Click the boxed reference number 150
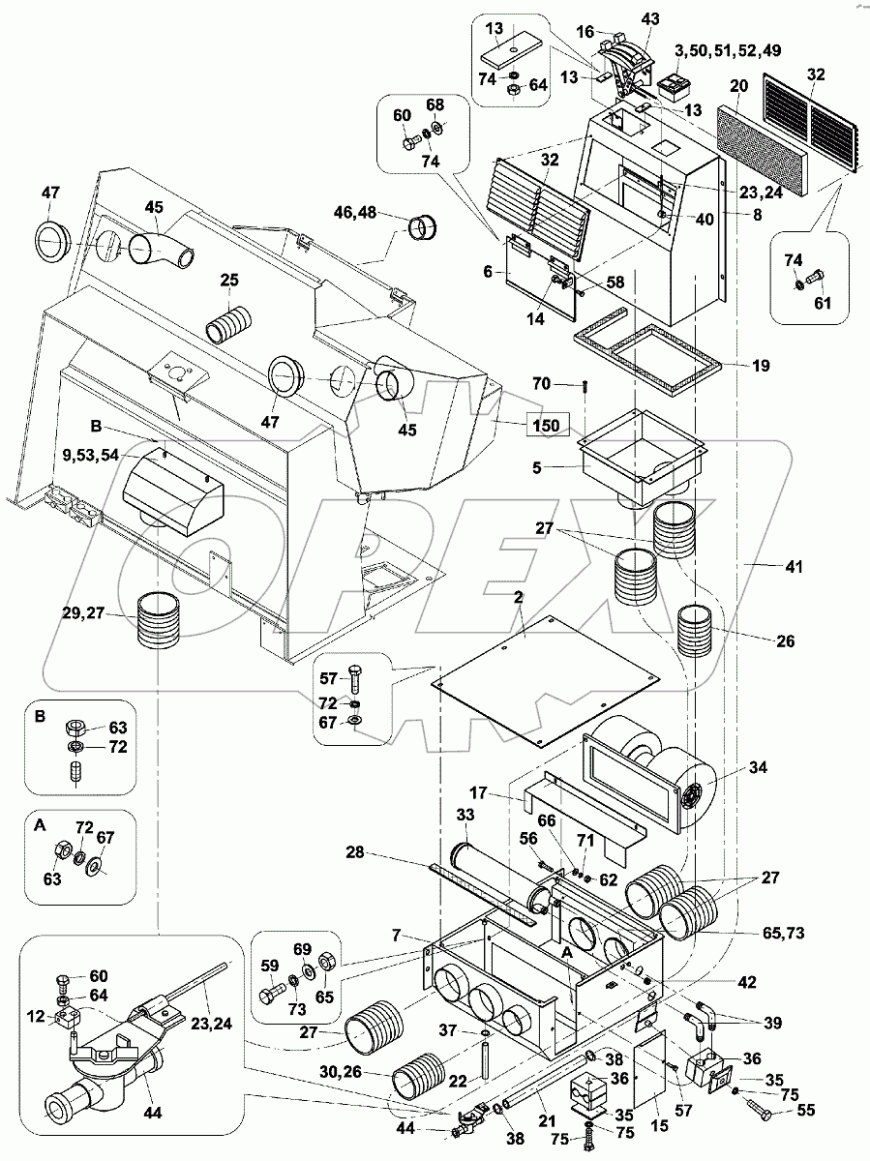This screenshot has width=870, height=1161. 546,426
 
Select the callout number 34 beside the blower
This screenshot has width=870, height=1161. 758,767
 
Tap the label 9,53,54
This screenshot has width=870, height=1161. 90,455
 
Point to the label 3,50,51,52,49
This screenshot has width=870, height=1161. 727,50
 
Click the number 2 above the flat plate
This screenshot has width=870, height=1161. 518,598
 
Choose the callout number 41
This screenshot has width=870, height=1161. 794,567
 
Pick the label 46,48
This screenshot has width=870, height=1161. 355,213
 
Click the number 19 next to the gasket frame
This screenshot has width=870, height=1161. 761,366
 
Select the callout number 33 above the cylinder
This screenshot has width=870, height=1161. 465,815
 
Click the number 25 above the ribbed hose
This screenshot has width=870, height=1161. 229,281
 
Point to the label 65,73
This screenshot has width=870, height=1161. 785,933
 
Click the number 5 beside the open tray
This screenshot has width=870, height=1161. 537,468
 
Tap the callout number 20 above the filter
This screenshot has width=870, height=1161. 738,85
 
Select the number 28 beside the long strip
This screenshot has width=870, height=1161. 355,852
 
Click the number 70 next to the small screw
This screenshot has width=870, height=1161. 541,383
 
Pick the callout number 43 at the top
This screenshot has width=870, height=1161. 650,19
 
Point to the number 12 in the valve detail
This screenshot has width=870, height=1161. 37,1017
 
